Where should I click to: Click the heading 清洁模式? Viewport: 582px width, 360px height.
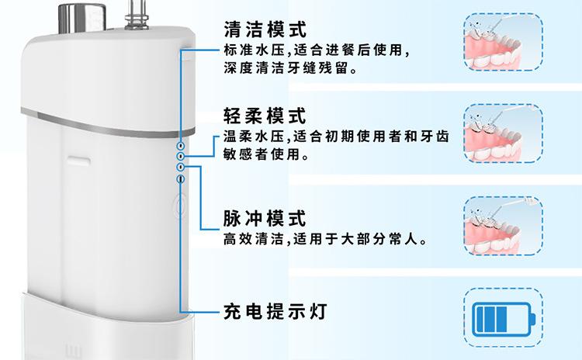(265, 30)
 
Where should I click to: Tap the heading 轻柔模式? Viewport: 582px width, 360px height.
(265, 116)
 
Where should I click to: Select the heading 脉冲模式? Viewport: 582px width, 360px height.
(265, 218)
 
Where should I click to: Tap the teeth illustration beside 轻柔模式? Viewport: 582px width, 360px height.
(502, 133)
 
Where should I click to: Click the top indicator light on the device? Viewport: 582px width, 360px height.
(179, 145)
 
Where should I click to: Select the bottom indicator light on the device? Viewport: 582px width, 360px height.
(181, 178)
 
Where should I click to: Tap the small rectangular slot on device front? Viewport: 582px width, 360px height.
(78, 161)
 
